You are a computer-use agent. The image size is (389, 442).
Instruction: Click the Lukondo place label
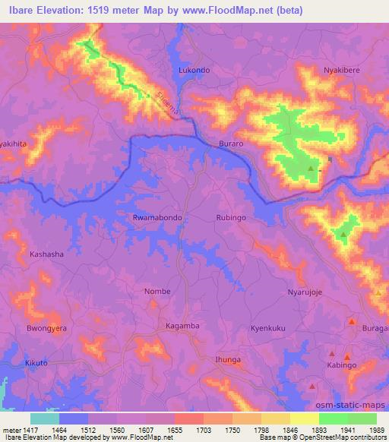(194, 70)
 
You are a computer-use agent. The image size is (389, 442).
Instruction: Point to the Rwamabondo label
(157, 217)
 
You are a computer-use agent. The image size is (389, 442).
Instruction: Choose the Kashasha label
(46, 254)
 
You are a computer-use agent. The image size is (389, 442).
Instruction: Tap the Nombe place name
(157, 291)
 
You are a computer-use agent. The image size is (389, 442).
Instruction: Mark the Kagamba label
(182, 326)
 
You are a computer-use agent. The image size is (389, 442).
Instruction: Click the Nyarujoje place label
(306, 292)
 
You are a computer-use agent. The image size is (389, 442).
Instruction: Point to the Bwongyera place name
(47, 328)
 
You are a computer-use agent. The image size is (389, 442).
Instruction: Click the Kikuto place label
(36, 365)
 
